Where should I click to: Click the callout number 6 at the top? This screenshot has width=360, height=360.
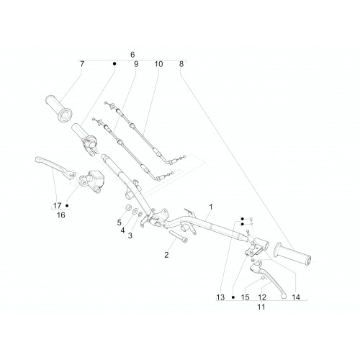point(132,55)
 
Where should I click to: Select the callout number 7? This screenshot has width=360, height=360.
point(82,64)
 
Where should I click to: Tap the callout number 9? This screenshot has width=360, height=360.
point(136,64)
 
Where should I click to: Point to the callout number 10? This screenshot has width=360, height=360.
point(158,64)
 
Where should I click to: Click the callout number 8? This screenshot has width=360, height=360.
point(181,64)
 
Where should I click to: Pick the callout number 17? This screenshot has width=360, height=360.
point(58,206)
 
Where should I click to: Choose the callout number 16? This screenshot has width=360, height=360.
point(61,215)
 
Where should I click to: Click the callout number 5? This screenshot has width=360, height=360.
point(120,222)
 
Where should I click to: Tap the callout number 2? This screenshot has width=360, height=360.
point(166,255)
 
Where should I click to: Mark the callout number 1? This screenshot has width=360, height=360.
point(211,207)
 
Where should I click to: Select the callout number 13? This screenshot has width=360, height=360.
point(220,297)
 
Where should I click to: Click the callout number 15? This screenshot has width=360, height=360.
point(245,297)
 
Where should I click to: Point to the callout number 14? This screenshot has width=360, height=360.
point(296,297)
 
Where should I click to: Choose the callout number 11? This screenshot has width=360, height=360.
point(261,307)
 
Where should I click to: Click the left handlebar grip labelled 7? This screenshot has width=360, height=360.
point(58,109)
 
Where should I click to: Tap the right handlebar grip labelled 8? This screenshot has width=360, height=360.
point(292,255)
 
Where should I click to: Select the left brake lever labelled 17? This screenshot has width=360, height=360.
point(55,166)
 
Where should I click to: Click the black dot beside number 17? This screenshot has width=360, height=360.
point(67,206)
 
